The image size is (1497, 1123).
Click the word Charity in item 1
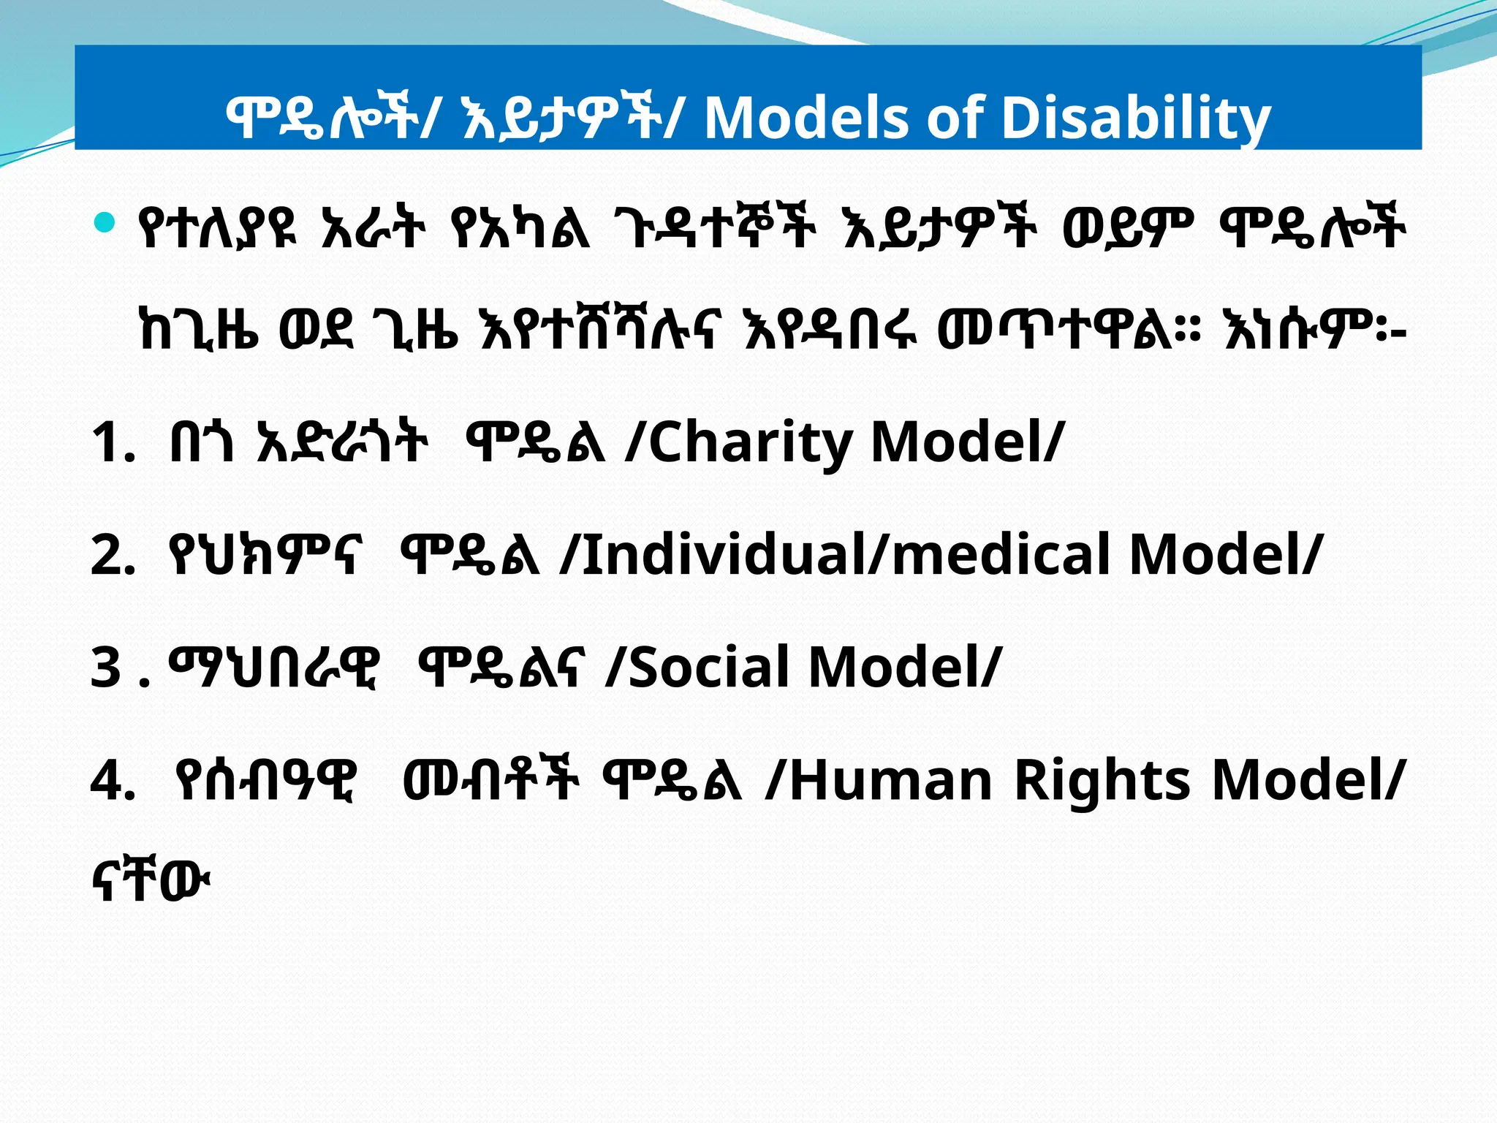pos(750,443)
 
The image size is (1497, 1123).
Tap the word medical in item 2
pos(1001,554)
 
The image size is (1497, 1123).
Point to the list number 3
pos(107,667)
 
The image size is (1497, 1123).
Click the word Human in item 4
pos(890,779)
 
